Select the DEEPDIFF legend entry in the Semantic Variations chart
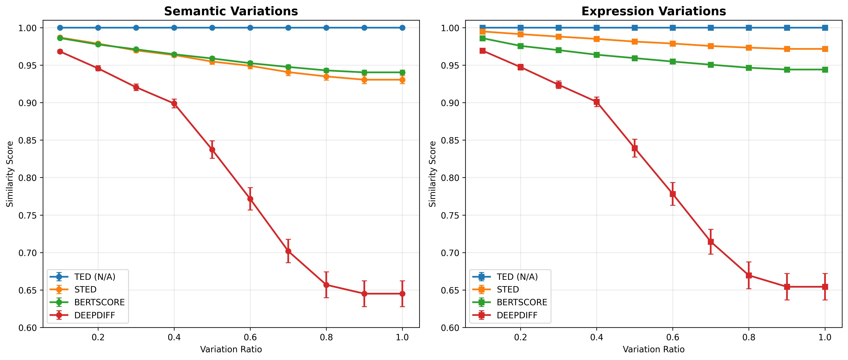(94, 315)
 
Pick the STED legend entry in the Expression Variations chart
(508, 290)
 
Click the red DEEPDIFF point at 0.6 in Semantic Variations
(250, 199)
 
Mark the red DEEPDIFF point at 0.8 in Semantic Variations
(326, 285)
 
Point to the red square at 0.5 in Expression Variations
(635, 148)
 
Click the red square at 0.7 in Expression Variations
(711, 242)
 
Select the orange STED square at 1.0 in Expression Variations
(825, 49)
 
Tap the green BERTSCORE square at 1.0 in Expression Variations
(825, 69)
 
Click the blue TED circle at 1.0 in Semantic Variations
(402, 28)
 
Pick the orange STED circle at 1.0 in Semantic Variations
(402, 80)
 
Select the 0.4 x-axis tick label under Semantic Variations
(174, 337)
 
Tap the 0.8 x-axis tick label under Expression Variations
(749, 337)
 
